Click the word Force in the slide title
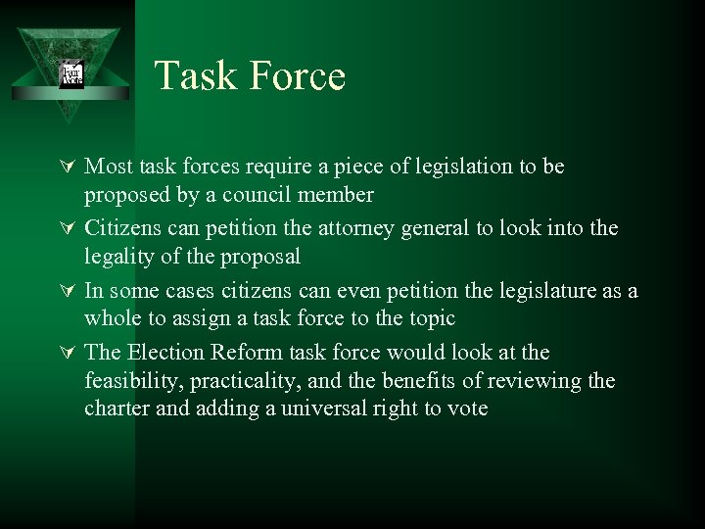click(294, 76)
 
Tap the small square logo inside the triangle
click(71, 74)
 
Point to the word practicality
click(243, 381)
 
